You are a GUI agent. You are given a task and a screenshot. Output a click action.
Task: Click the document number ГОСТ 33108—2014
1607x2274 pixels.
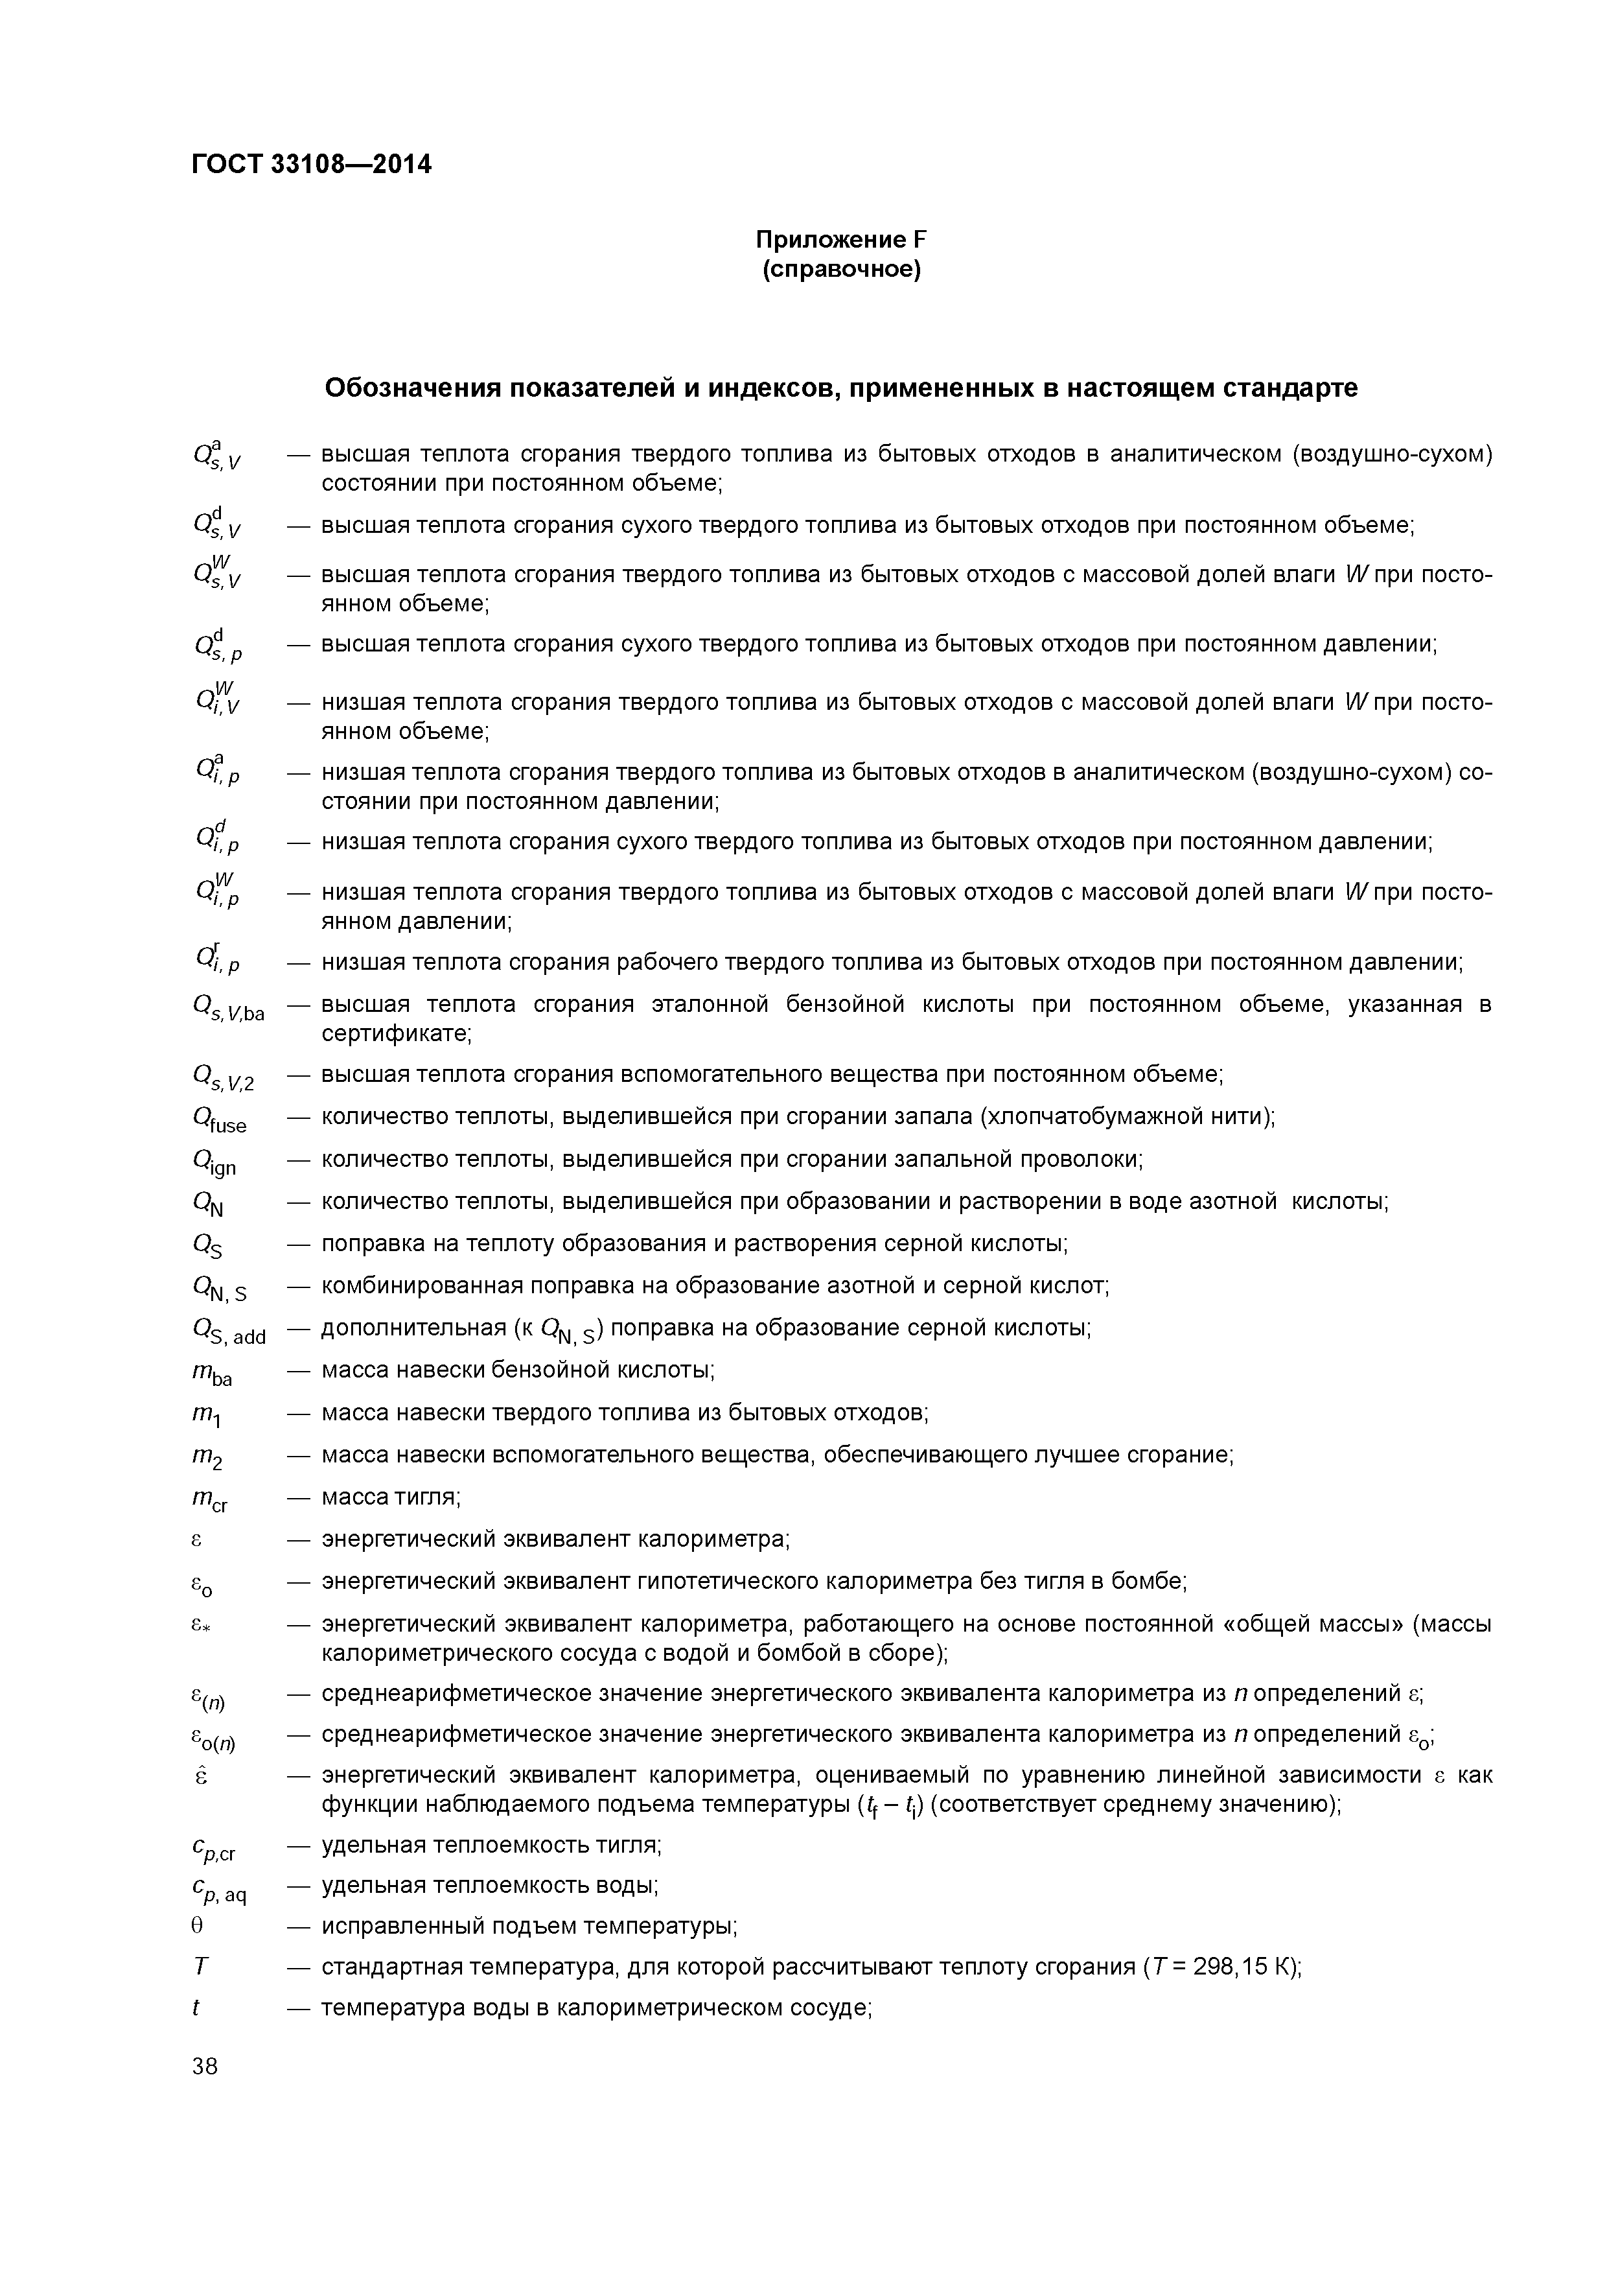coord(311,165)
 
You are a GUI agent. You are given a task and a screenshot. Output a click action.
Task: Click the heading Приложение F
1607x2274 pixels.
coord(840,240)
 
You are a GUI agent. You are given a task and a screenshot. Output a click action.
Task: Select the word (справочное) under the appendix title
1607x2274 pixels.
coord(840,270)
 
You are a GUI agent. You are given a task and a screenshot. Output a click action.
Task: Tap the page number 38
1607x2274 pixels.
coord(205,2066)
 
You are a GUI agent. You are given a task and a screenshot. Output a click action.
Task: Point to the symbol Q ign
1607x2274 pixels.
coord(214,1162)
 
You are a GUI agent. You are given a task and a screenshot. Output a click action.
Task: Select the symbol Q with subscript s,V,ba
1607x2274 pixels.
coord(227,1008)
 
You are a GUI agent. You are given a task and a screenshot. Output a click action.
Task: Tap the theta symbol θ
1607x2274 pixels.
coord(197,1927)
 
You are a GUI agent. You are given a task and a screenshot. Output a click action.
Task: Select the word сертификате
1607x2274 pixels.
coord(396,1034)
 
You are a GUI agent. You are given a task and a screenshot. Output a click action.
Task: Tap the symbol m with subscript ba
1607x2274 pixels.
coord(212,1374)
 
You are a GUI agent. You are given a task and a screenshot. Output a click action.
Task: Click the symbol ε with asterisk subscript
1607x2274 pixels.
coord(203,1624)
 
